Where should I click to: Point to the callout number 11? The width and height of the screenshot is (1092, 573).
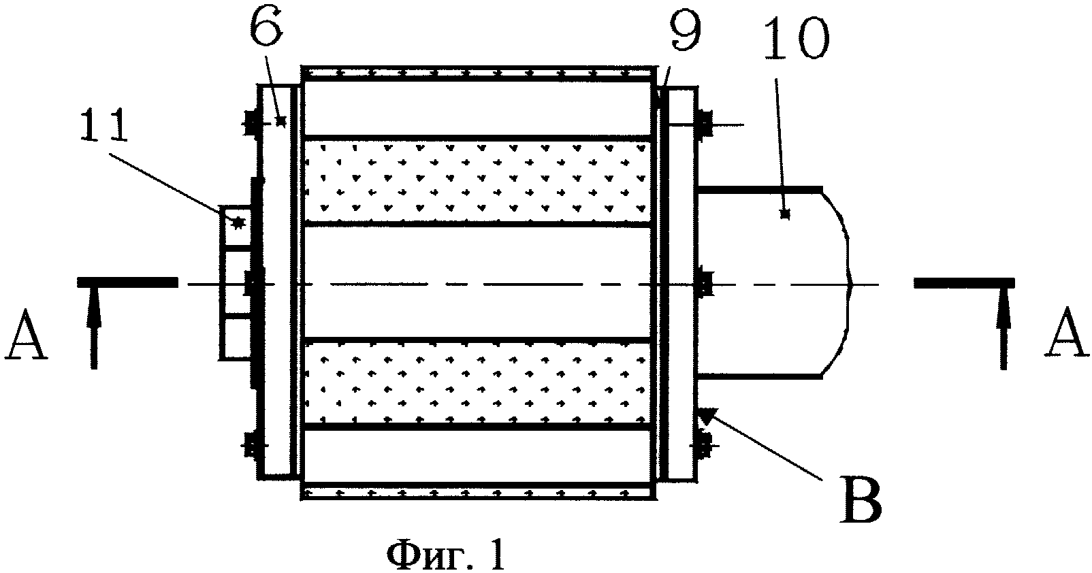coord(104,125)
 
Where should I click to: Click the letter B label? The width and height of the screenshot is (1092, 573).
coord(861,502)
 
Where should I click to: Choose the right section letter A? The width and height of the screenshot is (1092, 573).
coord(1066,335)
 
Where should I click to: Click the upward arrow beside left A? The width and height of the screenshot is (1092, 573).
coord(94,327)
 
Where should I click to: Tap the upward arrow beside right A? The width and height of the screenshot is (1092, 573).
coord(1003,327)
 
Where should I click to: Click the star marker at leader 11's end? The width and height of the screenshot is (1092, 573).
coord(238,223)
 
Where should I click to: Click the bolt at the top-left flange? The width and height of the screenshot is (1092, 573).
coord(251,122)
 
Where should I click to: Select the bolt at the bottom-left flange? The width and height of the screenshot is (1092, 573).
coord(251,446)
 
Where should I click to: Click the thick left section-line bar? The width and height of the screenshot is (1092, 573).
coord(128,282)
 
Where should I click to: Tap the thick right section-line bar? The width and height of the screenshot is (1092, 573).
coord(964,283)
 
